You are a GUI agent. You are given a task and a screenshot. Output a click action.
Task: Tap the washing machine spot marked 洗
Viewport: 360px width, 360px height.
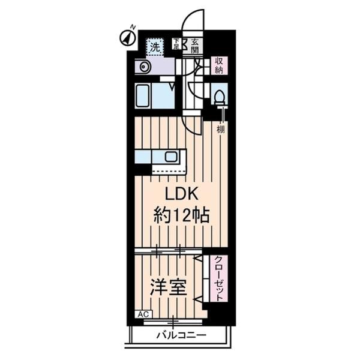pos(155,46)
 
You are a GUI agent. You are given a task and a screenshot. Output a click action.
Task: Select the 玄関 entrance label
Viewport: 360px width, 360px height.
pos(195,46)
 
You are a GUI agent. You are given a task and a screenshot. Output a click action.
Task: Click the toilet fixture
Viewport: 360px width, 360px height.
pos(219,96)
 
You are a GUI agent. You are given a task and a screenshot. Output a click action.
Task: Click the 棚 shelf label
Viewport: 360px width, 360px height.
pos(221,128)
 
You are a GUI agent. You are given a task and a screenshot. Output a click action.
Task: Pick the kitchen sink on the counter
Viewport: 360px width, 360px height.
pos(172,157)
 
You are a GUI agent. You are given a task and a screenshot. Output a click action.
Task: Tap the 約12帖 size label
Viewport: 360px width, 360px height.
pos(182,215)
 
